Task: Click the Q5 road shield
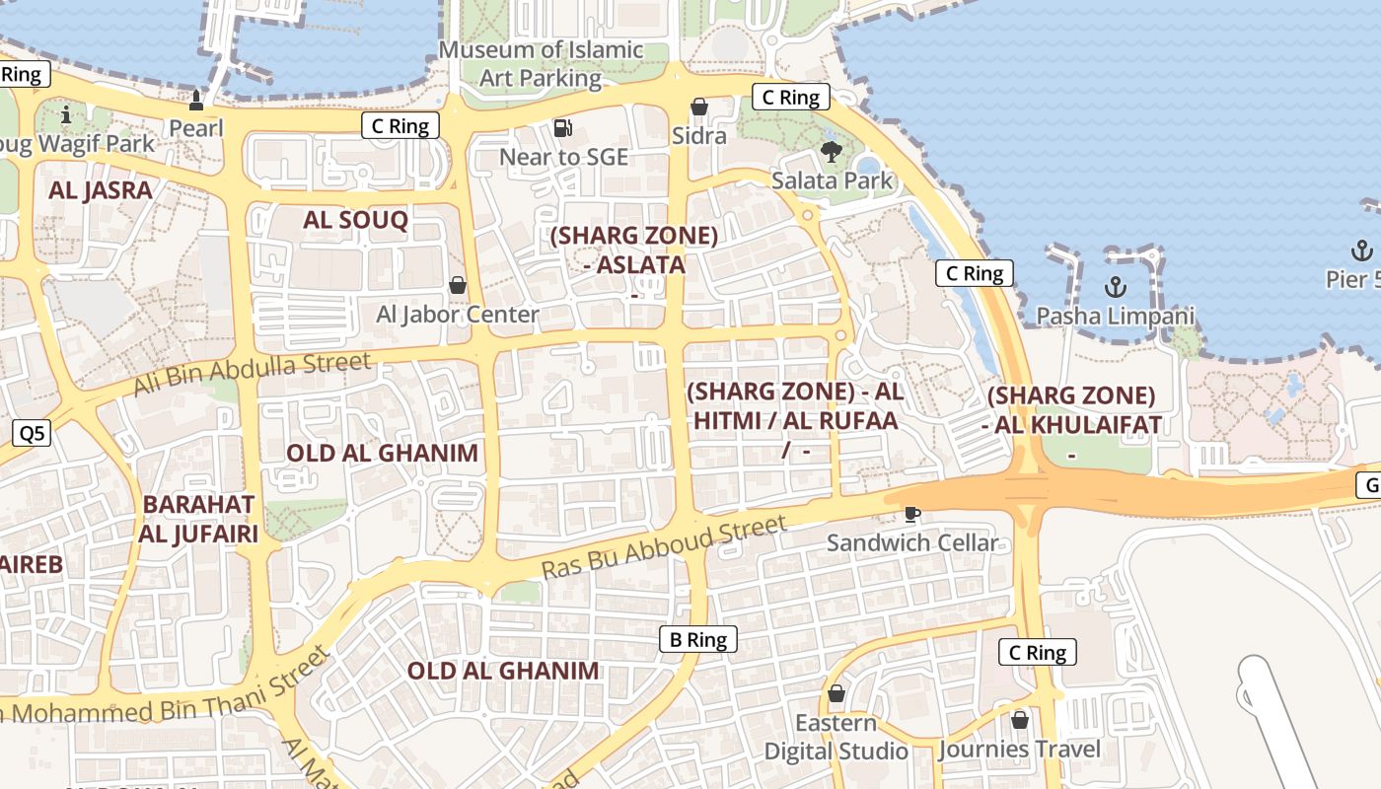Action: coord(32,433)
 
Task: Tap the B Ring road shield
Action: coord(698,639)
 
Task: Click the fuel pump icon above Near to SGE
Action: coord(563,127)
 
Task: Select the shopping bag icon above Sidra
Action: coord(699,106)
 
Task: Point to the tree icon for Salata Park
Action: coord(832,151)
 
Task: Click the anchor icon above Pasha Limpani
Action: coord(1115,287)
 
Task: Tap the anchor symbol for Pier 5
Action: coord(1362,250)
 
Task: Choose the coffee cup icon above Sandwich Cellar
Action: coord(912,514)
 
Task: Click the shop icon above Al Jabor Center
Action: coord(458,285)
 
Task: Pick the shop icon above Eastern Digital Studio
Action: coord(836,693)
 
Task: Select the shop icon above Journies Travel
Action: coord(1020,720)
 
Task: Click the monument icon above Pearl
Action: coord(196,99)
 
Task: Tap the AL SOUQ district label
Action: coord(355,220)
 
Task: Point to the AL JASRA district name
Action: coord(101,190)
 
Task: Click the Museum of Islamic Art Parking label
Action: coord(541,63)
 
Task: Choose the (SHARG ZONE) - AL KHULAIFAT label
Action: coord(1071,410)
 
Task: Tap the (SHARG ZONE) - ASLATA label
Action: coord(633,251)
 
